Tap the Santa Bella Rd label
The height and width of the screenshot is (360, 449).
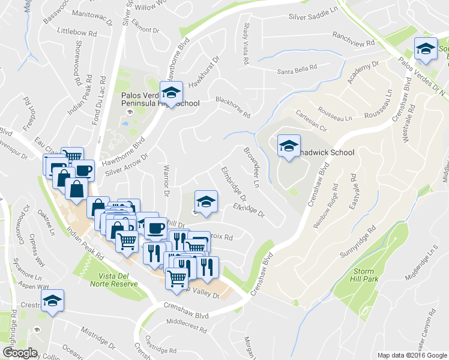pyautogui.click(x=297, y=71)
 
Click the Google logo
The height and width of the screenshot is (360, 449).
pyautogui.click(x=20, y=352)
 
